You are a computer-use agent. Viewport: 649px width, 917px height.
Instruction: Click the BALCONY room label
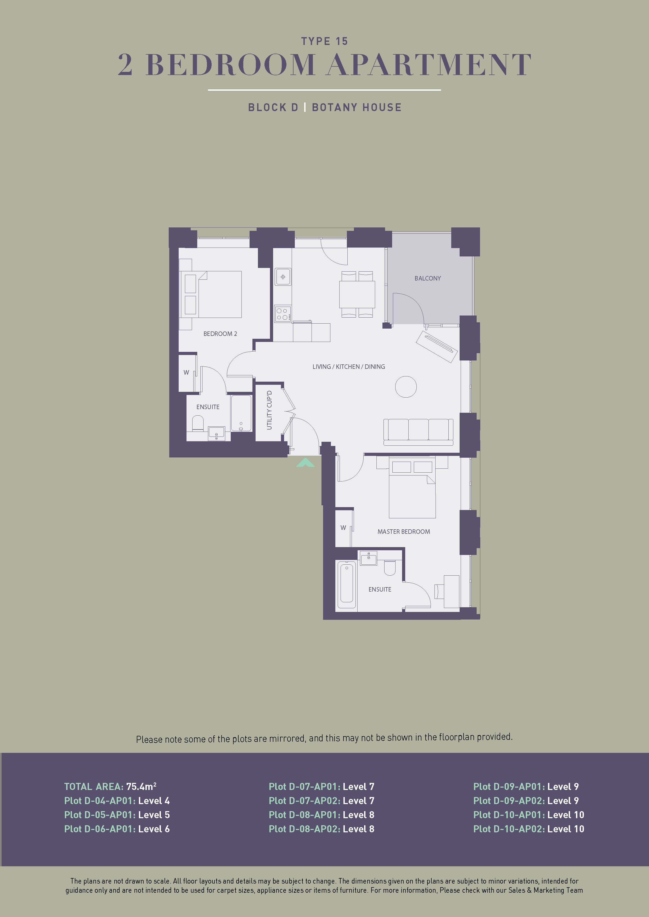coord(428,278)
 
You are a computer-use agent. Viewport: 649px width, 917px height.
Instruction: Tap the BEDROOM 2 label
coord(220,334)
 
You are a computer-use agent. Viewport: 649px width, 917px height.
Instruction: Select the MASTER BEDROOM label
coord(404,532)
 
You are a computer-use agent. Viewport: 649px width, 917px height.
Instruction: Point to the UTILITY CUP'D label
coord(269,410)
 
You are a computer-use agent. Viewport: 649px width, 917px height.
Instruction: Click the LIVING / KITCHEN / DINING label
coord(348,367)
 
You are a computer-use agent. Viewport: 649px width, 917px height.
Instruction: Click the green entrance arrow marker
coord(305,463)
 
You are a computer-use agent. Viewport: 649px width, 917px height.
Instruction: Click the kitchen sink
coord(283,277)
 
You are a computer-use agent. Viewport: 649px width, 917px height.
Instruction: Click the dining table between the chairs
coord(357,294)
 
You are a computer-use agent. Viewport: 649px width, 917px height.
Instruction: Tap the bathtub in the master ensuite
coord(347,585)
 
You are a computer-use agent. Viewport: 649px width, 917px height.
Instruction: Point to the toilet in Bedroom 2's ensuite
coord(198,423)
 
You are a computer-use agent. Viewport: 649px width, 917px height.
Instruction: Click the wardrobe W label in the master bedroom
coord(343,528)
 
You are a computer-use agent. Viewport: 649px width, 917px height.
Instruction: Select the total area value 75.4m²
coord(141,786)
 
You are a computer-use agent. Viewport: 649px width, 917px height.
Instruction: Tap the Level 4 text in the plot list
coord(154,800)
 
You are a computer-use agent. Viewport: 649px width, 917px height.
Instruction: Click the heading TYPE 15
coord(324,41)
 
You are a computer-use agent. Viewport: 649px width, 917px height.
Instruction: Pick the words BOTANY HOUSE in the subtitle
coord(357,107)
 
